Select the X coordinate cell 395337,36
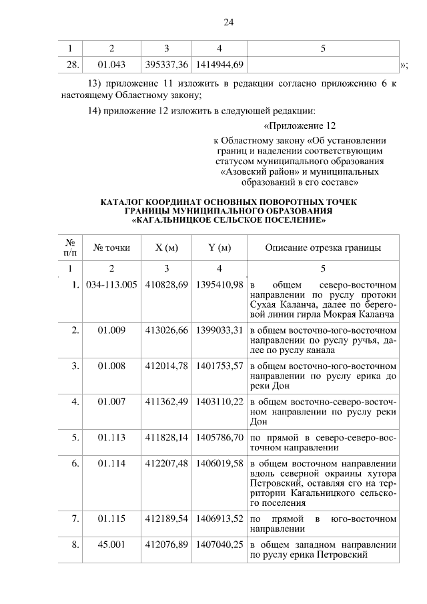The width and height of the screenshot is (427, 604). click(x=166, y=64)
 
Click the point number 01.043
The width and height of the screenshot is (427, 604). click(x=111, y=64)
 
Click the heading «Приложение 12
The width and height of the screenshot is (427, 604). click(x=300, y=126)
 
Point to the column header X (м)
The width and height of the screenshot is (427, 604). click(x=166, y=248)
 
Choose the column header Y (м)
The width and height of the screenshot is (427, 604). click(x=220, y=248)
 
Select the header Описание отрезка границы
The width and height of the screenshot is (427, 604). click(x=323, y=248)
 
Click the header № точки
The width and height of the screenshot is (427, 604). click(x=111, y=248)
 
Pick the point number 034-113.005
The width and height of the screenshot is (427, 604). click(x=111, y=284)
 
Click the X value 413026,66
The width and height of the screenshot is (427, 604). click(x=166, y=330)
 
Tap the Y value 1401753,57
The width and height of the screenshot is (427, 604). click(x=220, y=366)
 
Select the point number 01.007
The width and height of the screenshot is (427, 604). click(x=111, y=402)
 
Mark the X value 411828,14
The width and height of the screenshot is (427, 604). click(x=166, y=438)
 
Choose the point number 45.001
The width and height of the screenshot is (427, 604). click(x=111, y=545)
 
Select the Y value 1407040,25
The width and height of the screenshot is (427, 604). click(x=220, y=545)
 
